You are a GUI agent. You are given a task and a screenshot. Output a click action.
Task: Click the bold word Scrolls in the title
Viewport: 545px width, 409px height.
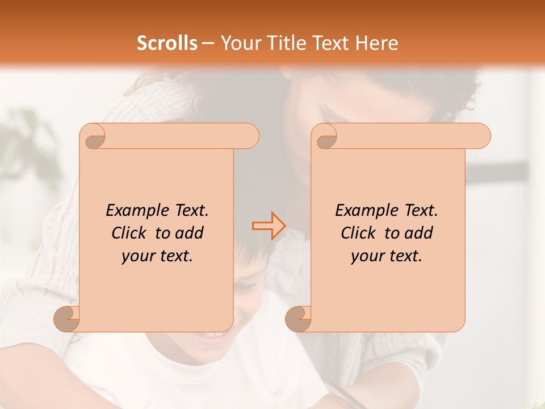point(167,43)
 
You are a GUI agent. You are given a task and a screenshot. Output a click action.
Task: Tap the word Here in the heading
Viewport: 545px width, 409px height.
point(377,43)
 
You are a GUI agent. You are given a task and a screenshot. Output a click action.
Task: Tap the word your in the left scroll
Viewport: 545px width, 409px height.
point(137,256)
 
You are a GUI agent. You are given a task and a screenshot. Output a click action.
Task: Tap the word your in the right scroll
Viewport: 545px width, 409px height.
point(367,256)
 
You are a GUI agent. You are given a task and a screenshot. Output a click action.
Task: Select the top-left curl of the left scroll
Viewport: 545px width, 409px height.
point(94,136)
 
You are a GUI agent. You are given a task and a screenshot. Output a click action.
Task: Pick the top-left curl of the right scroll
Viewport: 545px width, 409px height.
point(326,136)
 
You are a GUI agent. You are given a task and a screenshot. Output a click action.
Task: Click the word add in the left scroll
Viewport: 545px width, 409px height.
point(189,233)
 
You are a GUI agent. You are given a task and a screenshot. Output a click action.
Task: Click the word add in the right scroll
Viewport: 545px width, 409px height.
point(418,233)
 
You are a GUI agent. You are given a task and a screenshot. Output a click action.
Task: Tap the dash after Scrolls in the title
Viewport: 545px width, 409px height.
point(208,43)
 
